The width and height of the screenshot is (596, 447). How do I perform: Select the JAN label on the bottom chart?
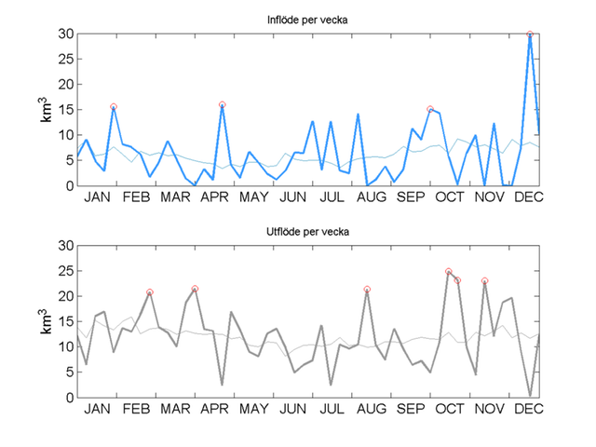(95, 410)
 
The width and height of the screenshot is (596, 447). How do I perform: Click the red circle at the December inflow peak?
(530, 34)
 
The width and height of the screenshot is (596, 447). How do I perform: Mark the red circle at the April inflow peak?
(223, 105)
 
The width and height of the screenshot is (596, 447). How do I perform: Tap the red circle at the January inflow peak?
(114, 107)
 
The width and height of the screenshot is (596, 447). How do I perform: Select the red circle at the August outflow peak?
(367, 290)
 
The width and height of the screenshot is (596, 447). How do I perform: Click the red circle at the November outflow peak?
(484, 280)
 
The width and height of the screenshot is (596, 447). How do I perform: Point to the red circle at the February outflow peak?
(149, 292)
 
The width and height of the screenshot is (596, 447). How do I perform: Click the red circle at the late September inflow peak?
(430, 109)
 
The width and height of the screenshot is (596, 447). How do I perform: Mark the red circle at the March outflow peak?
(195, 289)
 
